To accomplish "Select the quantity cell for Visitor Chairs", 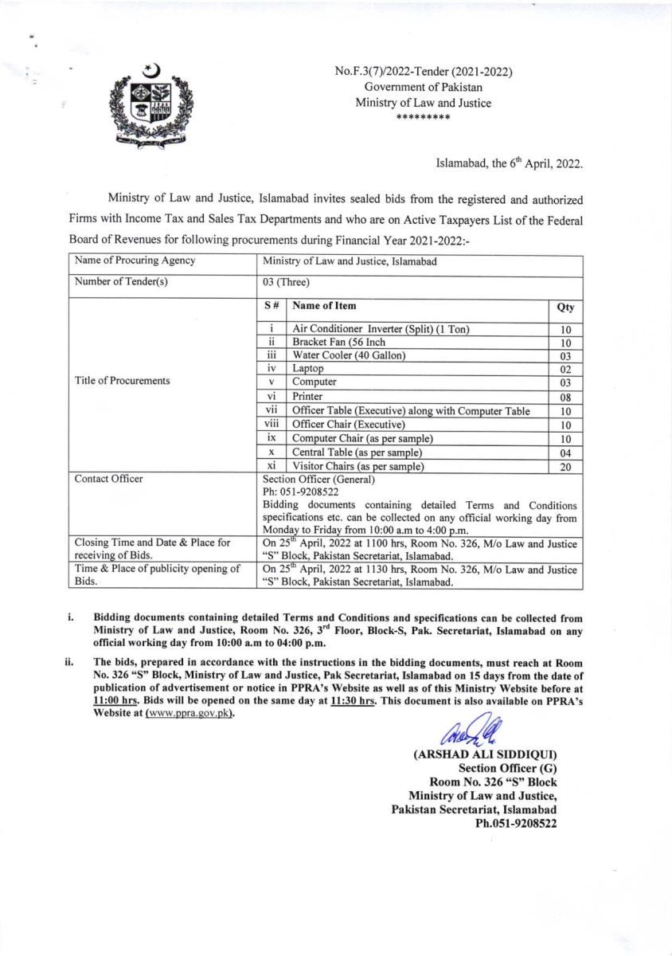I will tap(565, 468).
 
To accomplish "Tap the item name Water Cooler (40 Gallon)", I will tap(350, 355).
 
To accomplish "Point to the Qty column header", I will tap(565, 307).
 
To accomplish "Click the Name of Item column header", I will tap(324, 305).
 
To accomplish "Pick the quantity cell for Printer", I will tap(565, 396).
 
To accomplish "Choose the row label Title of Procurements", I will tap(122, 380).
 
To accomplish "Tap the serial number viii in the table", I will tap(272, 424).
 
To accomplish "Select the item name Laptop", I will tap(308, 368).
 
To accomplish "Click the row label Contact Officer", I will tap(108, 479).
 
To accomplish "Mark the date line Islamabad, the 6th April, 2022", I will tap(509, 164).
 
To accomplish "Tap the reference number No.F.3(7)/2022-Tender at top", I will tap(423, 72).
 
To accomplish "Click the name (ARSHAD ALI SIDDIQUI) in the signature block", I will tap(485, 754).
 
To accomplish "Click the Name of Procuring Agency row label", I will tap(135, 261).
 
